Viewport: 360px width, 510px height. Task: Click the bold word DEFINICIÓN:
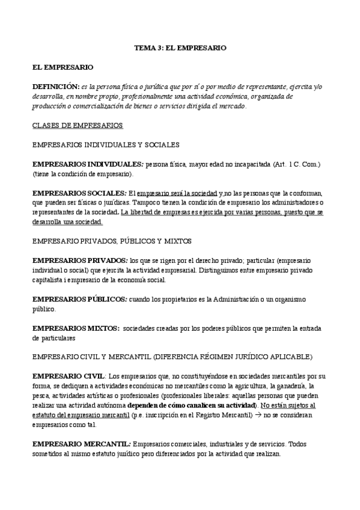pyautogui.click(x=55, y=87)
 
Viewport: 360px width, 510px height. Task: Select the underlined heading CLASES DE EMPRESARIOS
pyautogui.click(x=78, y=125)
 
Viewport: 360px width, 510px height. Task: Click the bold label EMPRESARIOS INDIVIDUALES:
pyautogui.click(x=87, y=164)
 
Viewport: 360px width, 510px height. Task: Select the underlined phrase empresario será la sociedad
pyautogui.click(x=177, y=192)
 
